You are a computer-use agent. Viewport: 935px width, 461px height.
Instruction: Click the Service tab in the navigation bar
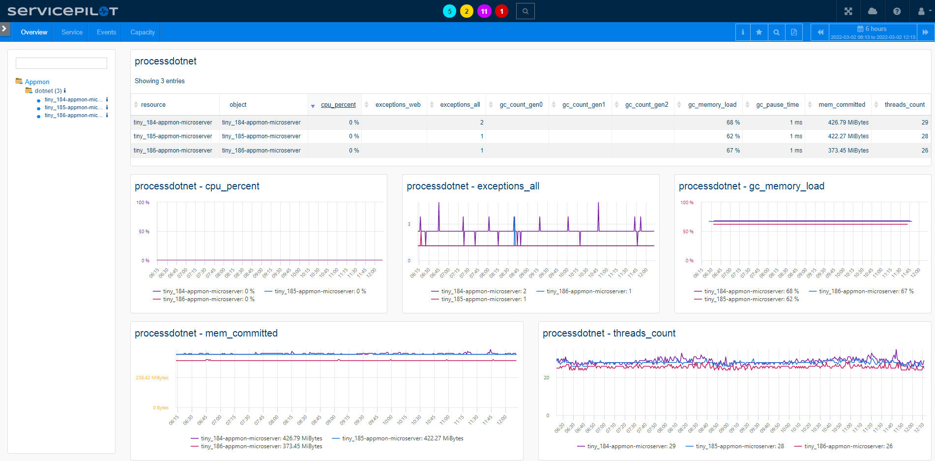pos(72,32)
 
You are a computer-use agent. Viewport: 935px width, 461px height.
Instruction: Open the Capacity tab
pos(143,32)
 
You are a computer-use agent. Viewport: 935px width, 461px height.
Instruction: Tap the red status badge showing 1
pos(501,11)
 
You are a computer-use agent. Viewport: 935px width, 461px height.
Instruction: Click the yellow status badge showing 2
pos(467,11)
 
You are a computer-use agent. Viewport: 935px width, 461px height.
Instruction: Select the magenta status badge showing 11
pos(484,11)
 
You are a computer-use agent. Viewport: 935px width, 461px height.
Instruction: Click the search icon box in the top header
pos(525,11)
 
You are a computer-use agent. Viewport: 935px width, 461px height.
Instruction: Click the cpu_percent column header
pos(338,105)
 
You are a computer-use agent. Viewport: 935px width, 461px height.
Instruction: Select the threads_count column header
pos(904,105)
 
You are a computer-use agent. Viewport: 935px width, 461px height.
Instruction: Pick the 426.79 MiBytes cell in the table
pos(848,123)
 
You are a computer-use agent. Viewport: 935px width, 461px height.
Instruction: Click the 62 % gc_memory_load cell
pos(733,136)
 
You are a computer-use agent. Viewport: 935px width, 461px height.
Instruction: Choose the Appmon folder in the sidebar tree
pos(37,82)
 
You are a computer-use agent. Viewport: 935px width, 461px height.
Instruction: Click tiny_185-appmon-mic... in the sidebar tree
pos(73,107)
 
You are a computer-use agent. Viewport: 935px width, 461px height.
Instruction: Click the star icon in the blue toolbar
pos(759,32)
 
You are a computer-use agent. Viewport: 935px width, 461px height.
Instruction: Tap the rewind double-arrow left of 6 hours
pos(820,32)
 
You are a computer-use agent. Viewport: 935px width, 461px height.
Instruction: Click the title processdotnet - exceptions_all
pos(473,186)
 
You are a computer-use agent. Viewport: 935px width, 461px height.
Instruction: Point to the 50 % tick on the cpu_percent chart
pos(144,231)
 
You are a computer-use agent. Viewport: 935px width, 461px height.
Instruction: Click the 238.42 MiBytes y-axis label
pos(152,378)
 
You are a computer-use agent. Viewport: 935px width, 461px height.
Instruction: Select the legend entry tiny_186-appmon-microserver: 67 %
pos(866,291)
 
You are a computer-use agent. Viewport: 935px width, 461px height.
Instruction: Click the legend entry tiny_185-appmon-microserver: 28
pos(739,446)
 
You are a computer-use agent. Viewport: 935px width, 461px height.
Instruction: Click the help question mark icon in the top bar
pos(897,11)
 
